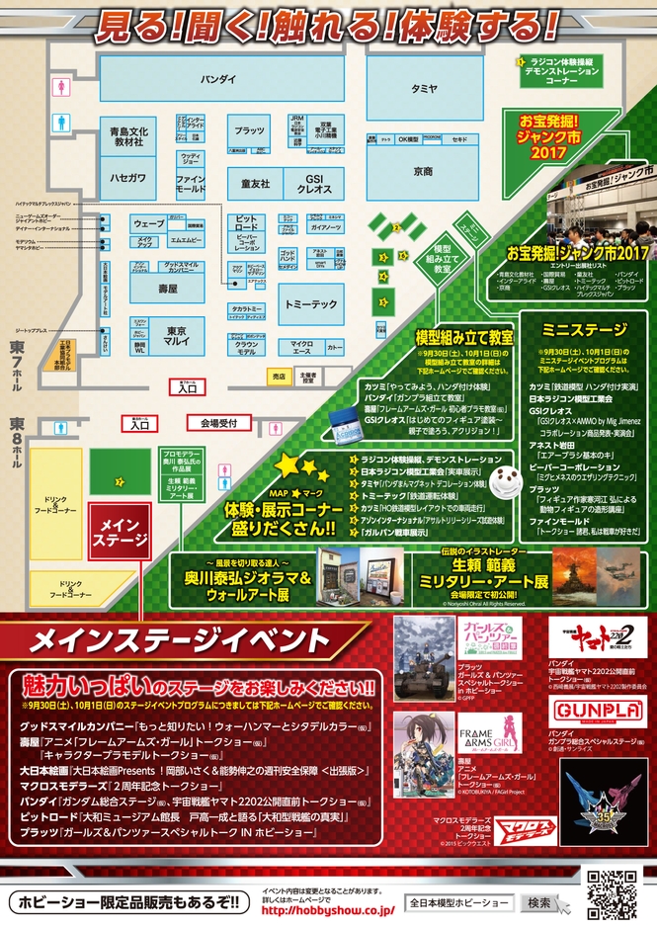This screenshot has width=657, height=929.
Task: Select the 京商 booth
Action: [x=423, y=171]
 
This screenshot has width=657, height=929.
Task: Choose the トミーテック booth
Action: [x=310, y=304]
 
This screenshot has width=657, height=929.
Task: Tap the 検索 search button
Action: [x=539, y=903]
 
